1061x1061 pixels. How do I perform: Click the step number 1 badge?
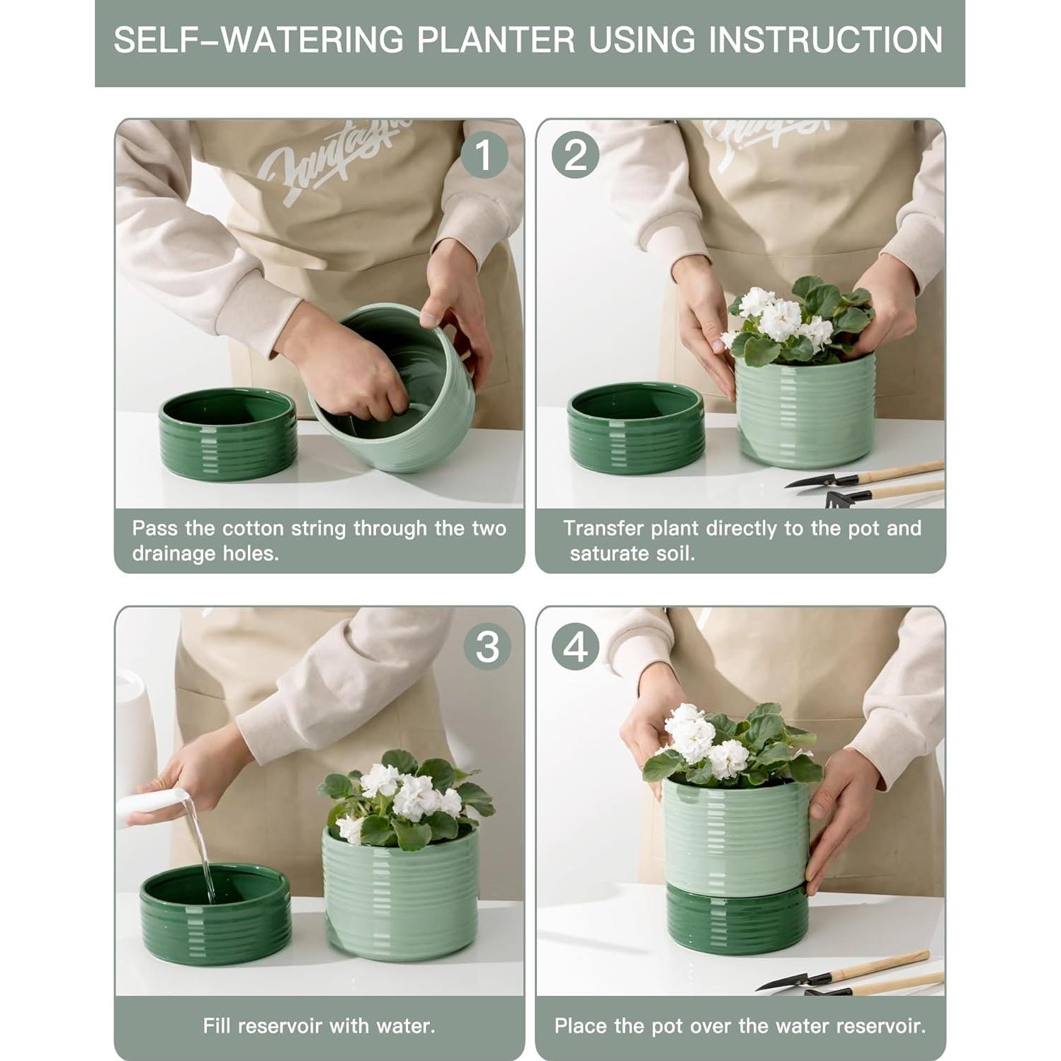(484, 155)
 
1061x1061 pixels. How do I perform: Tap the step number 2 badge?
(575, 155)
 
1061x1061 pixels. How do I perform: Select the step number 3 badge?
(487, 647)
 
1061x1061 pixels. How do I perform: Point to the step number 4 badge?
(575, 647)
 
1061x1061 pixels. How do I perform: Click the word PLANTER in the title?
(496, 40)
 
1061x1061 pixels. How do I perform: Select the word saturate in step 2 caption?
(610, 553)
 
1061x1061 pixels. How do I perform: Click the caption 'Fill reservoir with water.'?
(319, 1026)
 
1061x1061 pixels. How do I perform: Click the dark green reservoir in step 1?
(227, 434)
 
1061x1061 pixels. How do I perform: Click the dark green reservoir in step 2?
(636, 428)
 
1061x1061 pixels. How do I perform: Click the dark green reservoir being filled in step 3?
(215, 914)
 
